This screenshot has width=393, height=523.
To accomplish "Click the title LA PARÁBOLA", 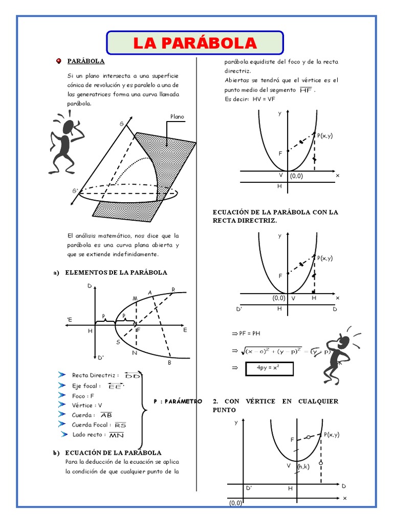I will click(194, 43).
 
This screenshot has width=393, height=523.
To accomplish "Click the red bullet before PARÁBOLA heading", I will click(59, 61).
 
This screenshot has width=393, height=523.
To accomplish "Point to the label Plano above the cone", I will click(177, 117).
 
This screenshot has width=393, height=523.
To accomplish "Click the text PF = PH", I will click(247, 333).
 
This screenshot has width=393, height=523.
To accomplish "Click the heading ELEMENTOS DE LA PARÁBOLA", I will click(116, 272).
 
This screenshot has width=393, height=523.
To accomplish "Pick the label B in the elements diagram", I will click(169, 363).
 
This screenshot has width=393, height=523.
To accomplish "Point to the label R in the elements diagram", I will click(173, 290).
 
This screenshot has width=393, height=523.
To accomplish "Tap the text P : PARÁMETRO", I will click(178, 401).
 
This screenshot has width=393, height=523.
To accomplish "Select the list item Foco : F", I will click(83, 396).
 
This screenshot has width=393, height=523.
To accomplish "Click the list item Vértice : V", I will click(87, 405).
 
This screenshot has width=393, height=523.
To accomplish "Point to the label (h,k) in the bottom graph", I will click(303, 466).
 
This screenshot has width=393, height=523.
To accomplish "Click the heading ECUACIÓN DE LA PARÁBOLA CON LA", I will click(275, 211).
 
